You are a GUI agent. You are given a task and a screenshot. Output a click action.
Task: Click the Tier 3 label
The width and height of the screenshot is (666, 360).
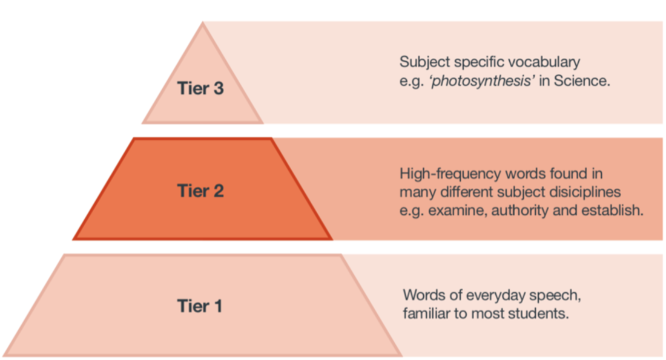point(200,88)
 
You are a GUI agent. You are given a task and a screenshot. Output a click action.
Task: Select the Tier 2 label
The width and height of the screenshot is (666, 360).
point(200,191)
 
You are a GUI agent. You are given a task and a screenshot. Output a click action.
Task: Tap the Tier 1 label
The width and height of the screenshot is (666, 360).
point(200,306)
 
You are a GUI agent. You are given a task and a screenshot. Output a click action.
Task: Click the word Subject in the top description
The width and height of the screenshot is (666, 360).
point(422,62)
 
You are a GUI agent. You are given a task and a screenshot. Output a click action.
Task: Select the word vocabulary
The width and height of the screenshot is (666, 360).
point(546,62)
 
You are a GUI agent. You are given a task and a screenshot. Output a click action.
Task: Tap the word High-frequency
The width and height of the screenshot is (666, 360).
point(447,174)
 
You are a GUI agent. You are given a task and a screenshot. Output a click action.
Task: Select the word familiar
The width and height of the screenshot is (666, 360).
point(424,314)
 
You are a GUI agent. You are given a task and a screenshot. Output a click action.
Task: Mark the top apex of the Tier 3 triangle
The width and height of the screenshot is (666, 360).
point(202,23)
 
